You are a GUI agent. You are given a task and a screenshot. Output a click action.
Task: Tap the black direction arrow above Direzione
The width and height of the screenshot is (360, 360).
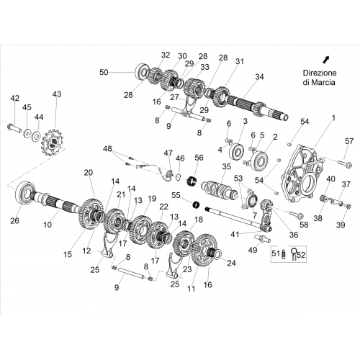point(325,60)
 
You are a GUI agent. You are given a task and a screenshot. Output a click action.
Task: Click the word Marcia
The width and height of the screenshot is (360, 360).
point(323,82)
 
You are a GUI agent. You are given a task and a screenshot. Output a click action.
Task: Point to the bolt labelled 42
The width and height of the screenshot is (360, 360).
point(15,127)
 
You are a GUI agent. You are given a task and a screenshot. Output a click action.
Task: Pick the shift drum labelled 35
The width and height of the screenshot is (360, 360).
point(218,189)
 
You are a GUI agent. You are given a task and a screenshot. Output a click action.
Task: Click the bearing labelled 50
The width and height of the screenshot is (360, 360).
point(141,71)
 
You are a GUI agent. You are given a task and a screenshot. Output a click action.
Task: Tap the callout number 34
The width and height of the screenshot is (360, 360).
point(259,77)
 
